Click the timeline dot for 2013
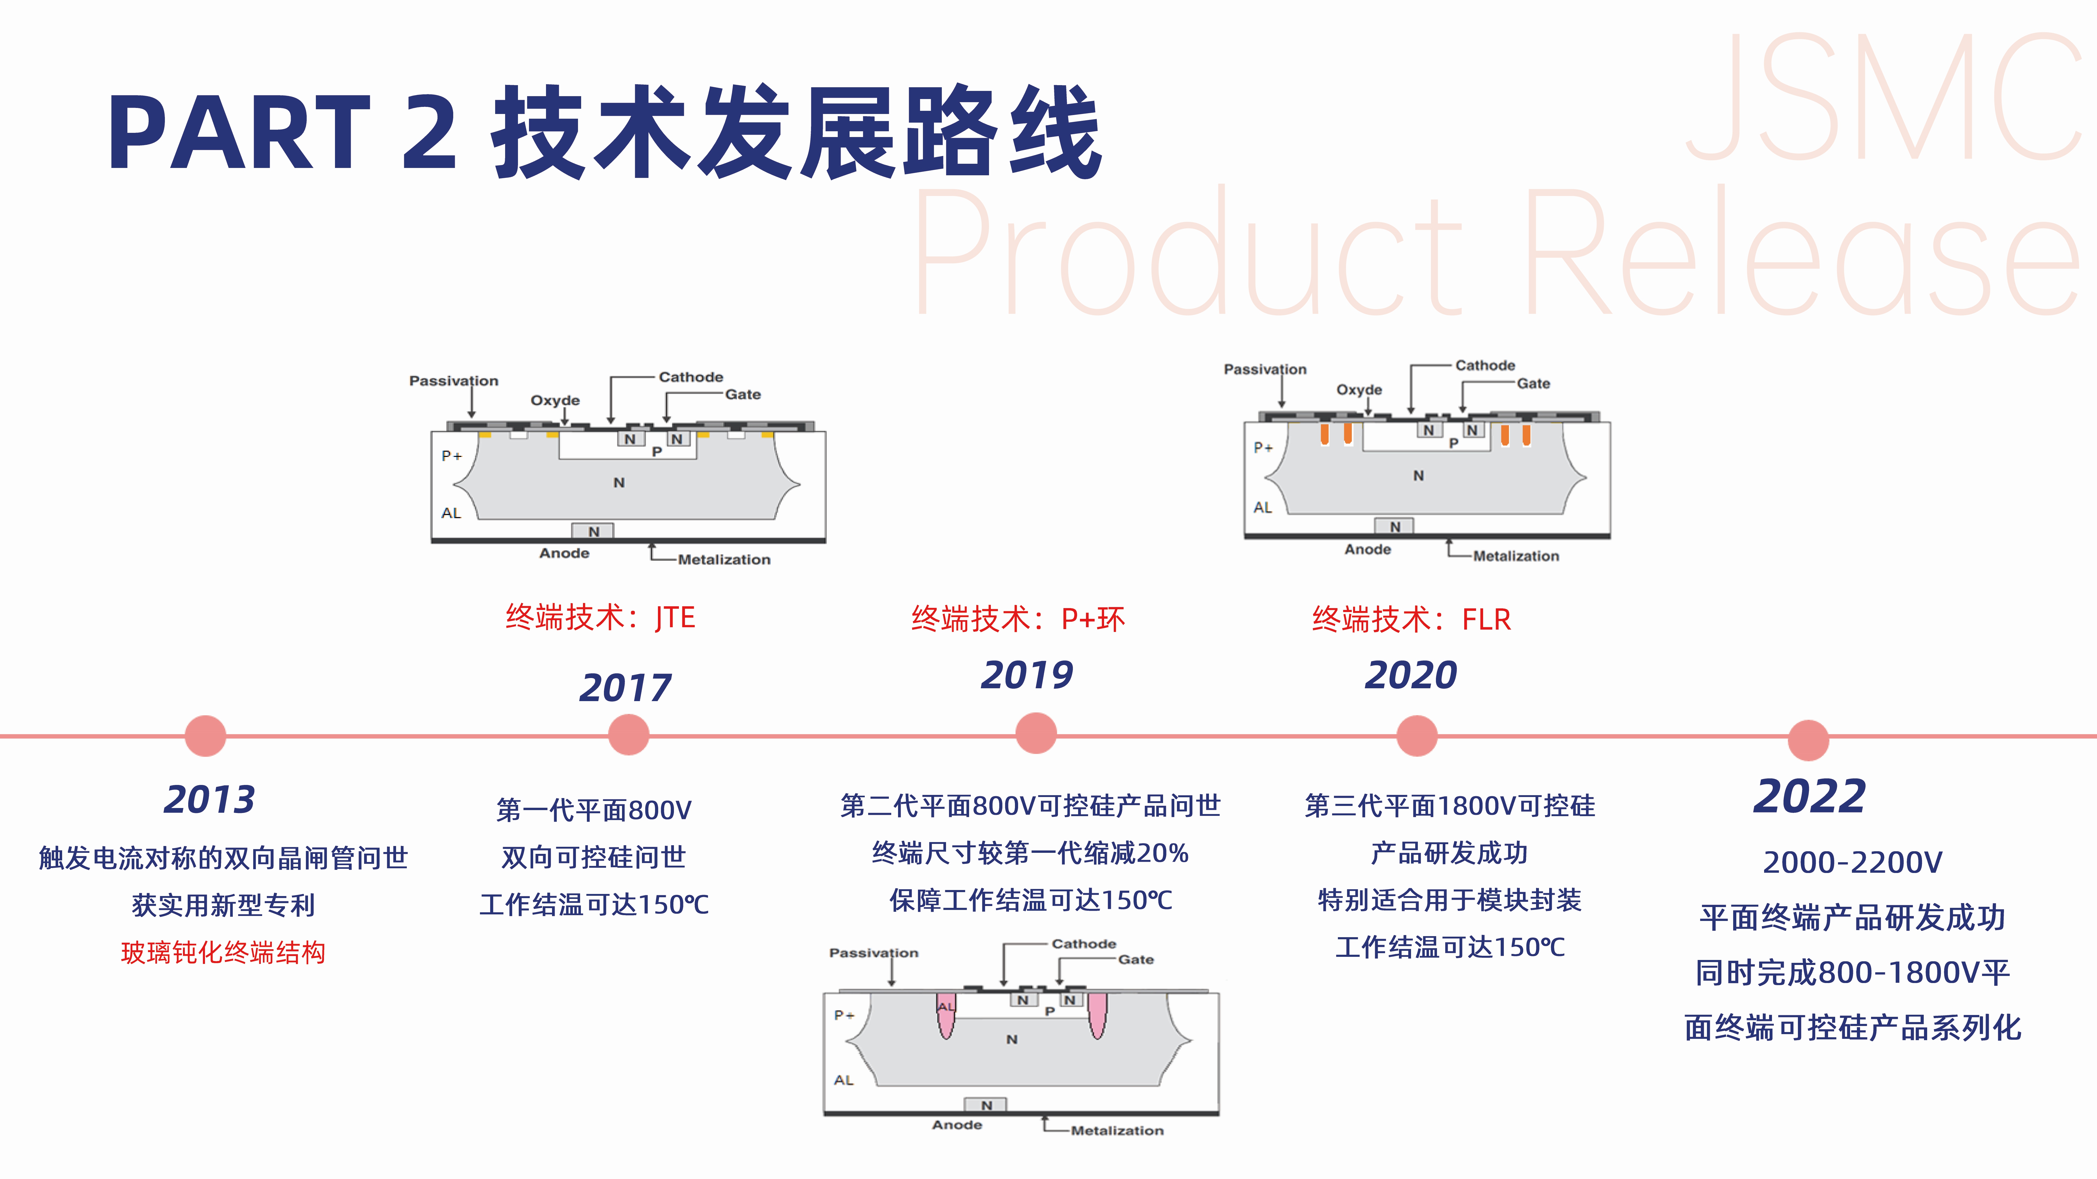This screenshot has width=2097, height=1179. click(205, 735)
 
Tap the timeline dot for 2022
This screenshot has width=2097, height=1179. click(1808, 740)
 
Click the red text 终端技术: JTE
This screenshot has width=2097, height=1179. click(600, 618)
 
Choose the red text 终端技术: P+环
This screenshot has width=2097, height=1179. click(1018, 619)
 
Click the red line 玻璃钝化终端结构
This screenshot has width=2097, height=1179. click(223, 952)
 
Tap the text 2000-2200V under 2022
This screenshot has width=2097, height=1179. click(1852, 863)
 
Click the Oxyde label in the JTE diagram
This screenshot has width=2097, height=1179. click(555, 400)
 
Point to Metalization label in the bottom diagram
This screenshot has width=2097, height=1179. click(1117, 1130)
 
